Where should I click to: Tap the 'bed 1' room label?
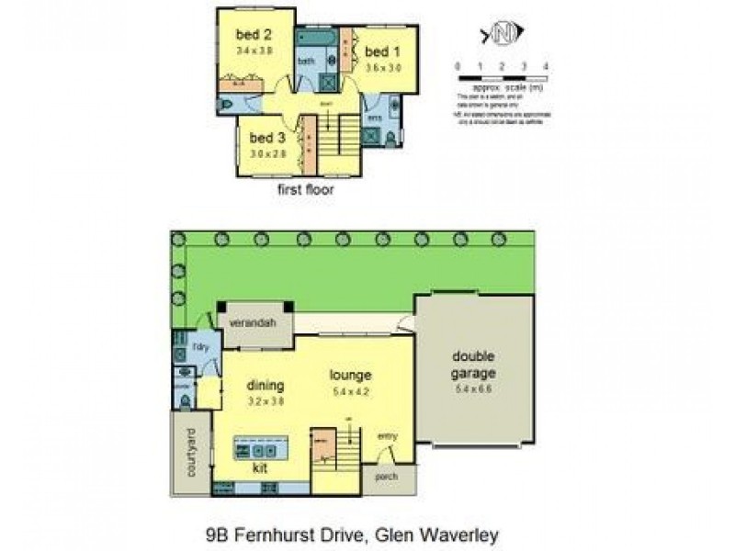tap(379, 51)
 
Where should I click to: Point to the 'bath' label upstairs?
tap(305, 62)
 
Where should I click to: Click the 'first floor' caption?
tap(305, 191)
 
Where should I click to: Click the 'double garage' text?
tap(473, 365)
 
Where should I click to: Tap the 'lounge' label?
tap(350, 375)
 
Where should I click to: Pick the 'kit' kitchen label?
tap(261, 467)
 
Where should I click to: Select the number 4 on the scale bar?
tap(547, 67)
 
